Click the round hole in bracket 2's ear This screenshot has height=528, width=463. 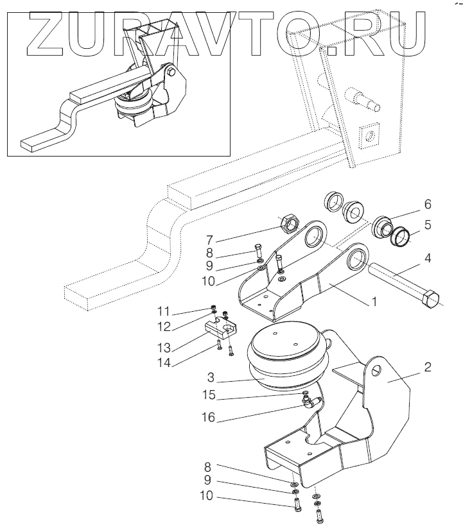pos(376,371)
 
